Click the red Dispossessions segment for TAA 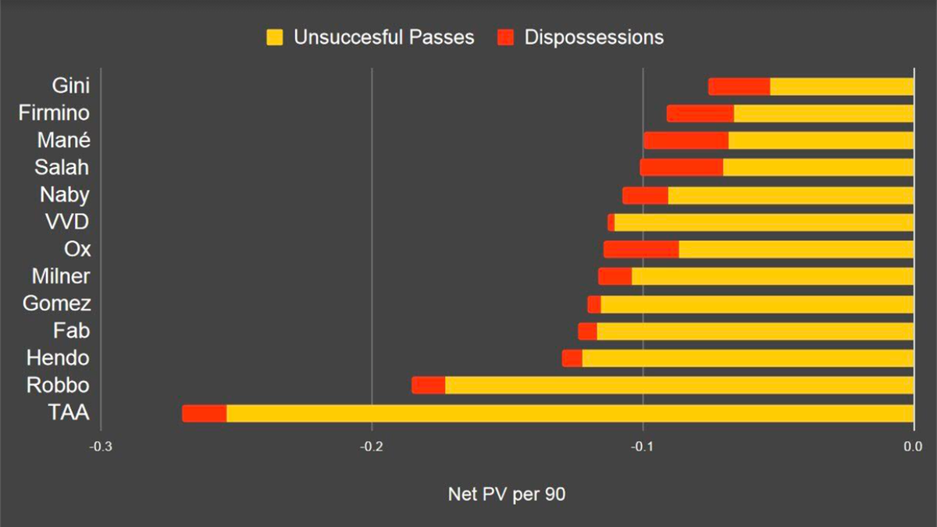(205, 413)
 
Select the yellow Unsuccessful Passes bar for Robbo (679, 386)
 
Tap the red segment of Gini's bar (739, 87)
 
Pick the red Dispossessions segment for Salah (681, 168)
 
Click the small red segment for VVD (611, 223)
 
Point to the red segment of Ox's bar (641, 250)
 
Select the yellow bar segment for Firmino (824, 114)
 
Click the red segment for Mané (686, 141)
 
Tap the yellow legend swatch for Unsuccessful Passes (275, 37)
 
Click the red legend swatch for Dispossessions (506, 37)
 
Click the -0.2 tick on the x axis (372, 447)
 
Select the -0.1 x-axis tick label (642, 447)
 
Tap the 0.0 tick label (913, 447)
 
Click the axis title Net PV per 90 (506, 494)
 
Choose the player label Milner (61, 276)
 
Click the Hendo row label (58, 358)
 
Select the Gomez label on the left (57, 304)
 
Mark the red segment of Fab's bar (587, 331)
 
